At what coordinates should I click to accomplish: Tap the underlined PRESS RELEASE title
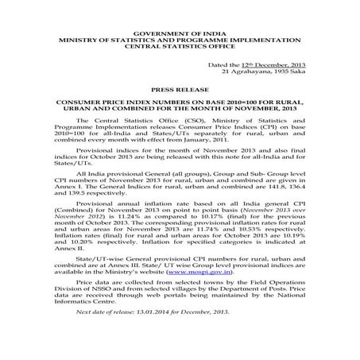(180, 91)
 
